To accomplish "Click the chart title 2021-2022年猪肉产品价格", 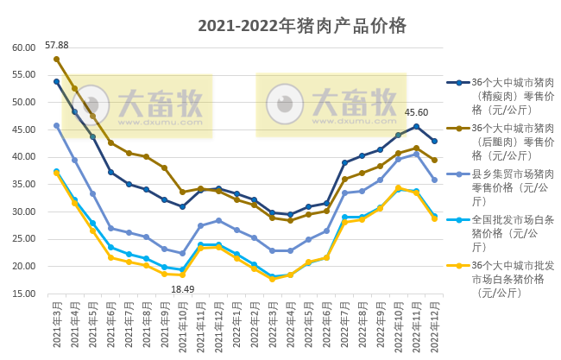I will coord(301,25).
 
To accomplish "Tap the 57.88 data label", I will coord(57,45).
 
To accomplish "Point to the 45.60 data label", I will coord(416,112).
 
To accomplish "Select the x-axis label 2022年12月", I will coord(435,325).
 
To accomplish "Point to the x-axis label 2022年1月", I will coord(236,325).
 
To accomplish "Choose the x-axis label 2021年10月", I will coord(181,325).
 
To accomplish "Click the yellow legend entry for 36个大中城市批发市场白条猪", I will coord(508,279).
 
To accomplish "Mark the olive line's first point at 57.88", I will coord(56,60).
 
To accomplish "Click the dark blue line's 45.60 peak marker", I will coord(416,126).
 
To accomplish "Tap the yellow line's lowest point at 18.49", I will coord(182,275).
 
